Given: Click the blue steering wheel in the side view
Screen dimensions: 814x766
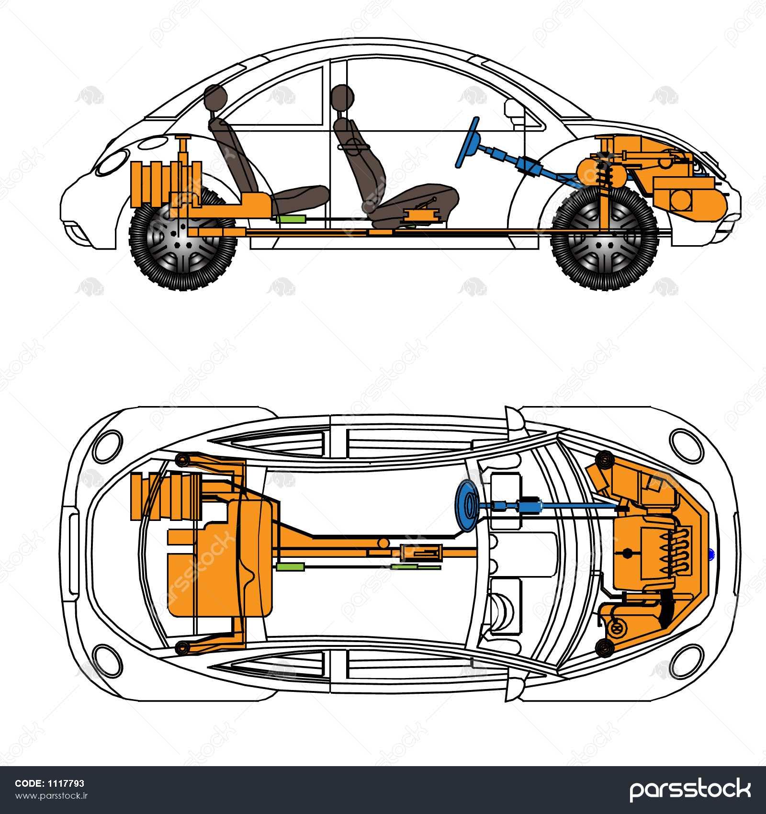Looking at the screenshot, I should [469, 143].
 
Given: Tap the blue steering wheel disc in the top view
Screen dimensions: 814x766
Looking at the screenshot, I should [466, 506].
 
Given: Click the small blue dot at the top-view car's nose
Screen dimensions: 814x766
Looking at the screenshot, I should [711, 554].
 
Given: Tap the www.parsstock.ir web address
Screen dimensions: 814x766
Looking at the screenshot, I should [52, 795].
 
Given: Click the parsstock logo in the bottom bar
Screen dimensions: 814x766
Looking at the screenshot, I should [689, 789].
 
